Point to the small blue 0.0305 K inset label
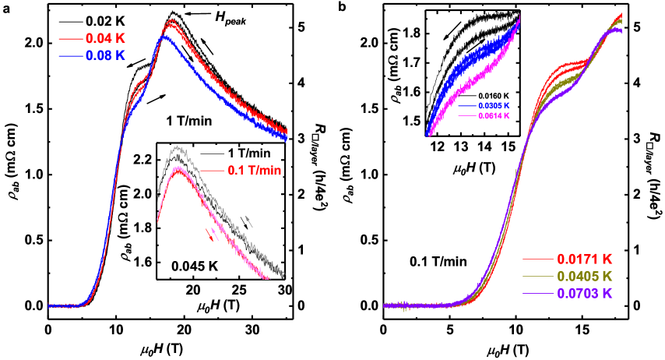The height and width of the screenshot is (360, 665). pyautogui.click(x=495, y=105)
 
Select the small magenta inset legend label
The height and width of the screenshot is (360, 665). pyautogui.click(x=495, y=115)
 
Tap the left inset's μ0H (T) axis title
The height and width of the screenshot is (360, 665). pyautogui.click(x=217, y=306)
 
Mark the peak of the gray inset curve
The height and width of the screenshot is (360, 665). pyautogui.click(x=178, y=146)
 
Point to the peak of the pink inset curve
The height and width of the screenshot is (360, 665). pyautogui.click(x=179, y=168)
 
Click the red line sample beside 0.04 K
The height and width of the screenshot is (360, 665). pyautogui.click(x=70, y=38)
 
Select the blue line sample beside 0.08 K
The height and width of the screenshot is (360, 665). pyautogui.click(x=70, y=55)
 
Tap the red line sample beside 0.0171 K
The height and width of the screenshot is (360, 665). pyautogui.click(x=537, y=259)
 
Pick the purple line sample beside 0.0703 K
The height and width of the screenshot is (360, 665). pyautogui.click(x=537, y=295)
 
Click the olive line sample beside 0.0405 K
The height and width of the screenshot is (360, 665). pyautogui.click(x=537, y=277)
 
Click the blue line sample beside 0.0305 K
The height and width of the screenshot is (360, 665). pyautogui.click(x=467, y=105)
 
